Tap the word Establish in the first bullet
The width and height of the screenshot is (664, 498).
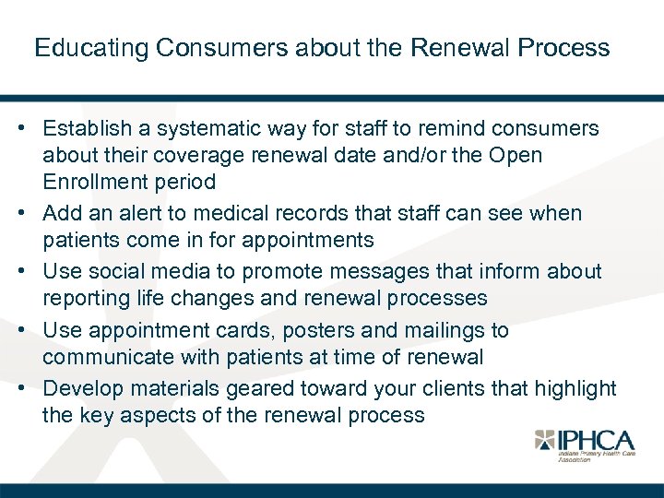pos(87,129)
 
